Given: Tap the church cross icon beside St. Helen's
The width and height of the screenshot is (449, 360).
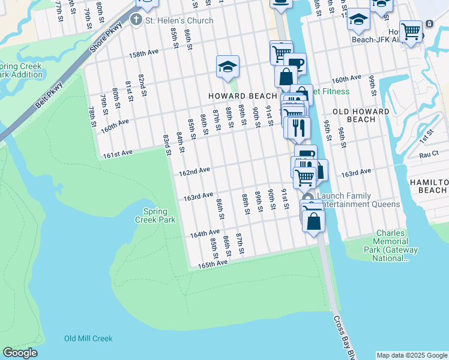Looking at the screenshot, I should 136,20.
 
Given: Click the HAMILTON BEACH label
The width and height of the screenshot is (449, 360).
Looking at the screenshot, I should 429,186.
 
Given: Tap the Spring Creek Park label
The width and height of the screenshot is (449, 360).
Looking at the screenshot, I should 159,215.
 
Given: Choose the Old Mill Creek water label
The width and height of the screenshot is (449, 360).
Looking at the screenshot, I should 88,338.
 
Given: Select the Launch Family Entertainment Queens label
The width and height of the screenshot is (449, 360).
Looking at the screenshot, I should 358,200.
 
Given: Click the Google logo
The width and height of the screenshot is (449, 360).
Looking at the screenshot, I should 20,353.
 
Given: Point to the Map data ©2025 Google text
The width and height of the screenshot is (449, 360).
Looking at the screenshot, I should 412,355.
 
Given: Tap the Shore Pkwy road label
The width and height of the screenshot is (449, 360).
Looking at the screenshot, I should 104,40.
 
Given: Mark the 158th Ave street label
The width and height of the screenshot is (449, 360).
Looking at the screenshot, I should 144,53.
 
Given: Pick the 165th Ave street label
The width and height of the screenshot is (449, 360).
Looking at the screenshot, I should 213,263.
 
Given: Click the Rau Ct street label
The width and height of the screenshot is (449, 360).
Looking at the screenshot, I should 429,154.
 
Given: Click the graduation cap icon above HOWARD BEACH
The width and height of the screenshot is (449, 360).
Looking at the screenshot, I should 228,67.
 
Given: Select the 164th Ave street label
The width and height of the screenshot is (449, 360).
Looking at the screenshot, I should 205,233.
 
